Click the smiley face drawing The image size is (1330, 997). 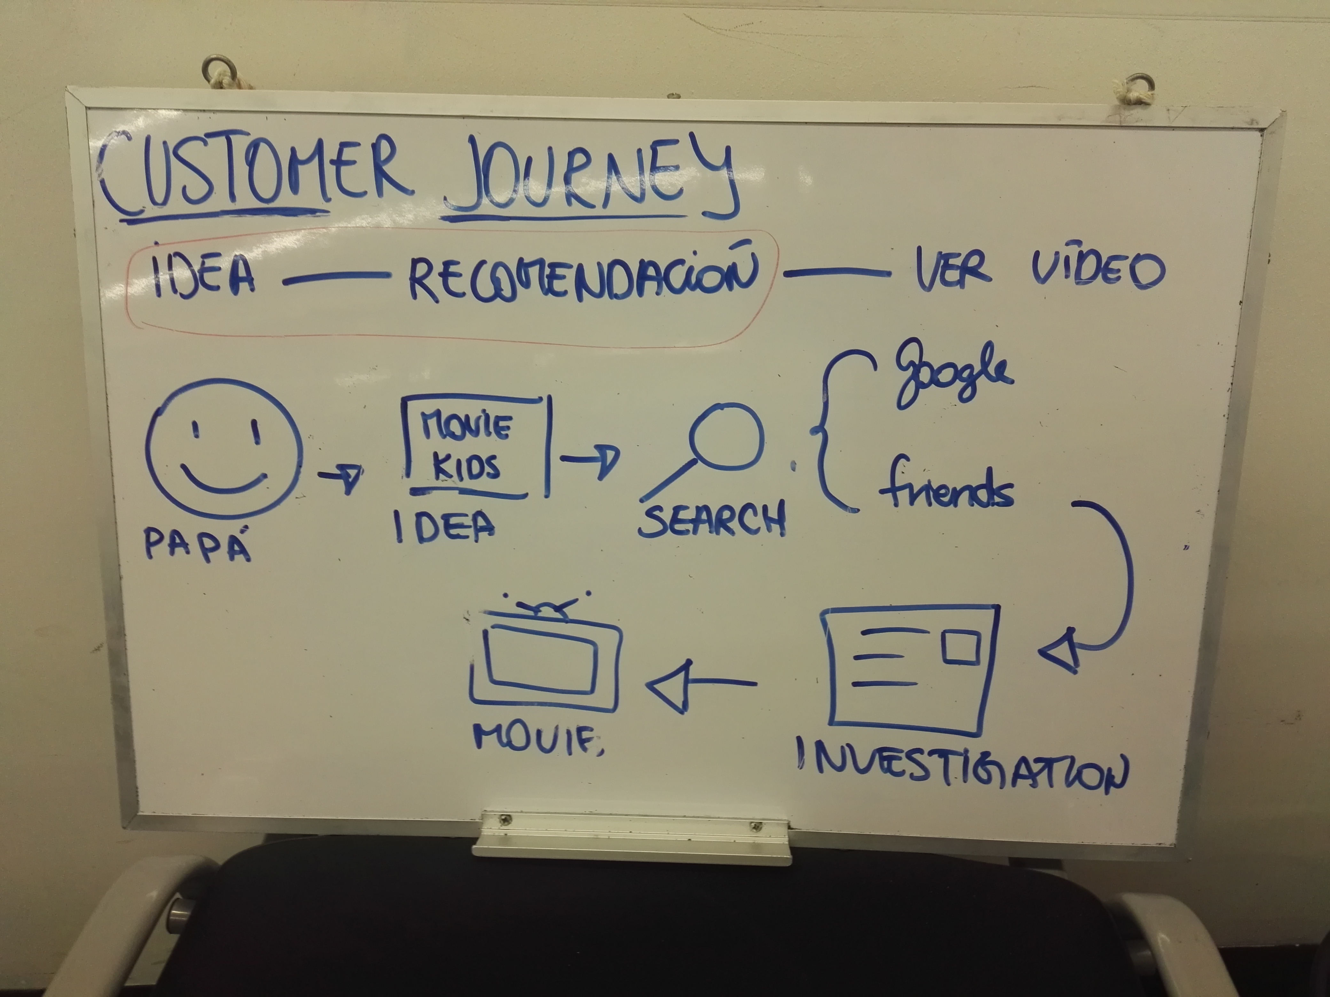[x=224, y=448]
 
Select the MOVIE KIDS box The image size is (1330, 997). [x=475, y=446]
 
